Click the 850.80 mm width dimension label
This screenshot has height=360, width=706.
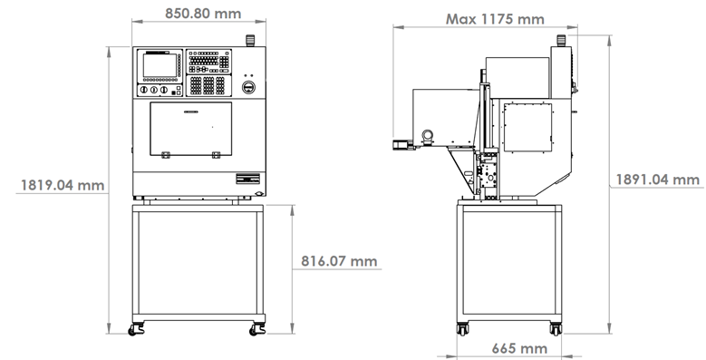203,14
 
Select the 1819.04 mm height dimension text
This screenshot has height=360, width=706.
63,185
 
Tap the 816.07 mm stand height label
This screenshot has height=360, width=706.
339,261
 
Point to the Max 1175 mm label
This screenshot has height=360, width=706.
495,19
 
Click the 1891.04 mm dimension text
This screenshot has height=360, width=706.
657,180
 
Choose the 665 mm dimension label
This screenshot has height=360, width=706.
519,348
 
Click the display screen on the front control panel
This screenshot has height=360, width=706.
160,66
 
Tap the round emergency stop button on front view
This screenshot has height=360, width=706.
248,87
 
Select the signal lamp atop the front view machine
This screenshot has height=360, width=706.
250,41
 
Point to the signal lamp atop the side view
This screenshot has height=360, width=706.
561,41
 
